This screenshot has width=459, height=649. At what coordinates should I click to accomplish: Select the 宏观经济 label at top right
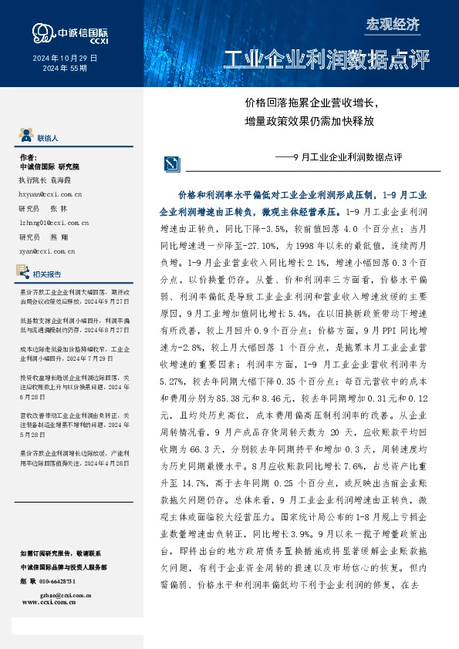393,24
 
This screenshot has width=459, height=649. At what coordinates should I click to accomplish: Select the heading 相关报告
49,274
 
